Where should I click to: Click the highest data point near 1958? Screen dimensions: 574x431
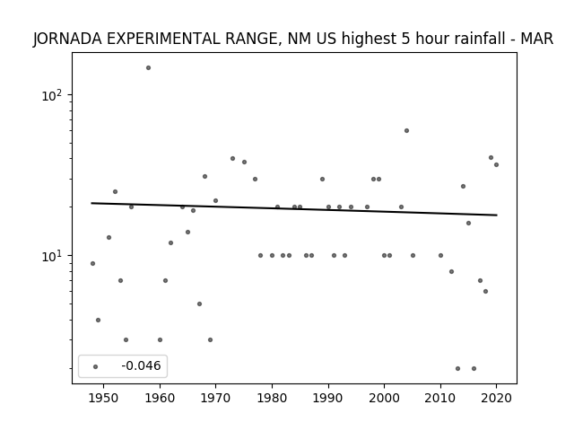point(148,68)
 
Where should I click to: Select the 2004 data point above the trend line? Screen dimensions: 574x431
point(406,131)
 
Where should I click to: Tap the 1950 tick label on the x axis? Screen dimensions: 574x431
point(104,398)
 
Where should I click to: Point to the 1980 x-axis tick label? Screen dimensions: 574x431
point(272,398)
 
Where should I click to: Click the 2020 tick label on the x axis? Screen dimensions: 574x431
point(496,398)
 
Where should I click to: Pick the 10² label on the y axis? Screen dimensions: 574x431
point(52,96)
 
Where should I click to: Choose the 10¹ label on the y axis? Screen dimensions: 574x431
point(52,256)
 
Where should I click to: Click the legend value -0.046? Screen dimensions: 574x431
point(141,365)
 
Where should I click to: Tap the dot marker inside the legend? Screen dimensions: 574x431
point(96,367)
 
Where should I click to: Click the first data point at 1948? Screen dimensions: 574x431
point(92,263)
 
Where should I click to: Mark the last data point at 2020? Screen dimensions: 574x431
point(496,165)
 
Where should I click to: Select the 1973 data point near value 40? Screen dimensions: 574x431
point(233,159)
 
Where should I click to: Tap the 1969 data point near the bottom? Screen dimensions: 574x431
point(210,340)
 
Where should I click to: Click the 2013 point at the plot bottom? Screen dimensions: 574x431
point(457,369)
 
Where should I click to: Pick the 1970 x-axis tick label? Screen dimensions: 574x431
point(215,398)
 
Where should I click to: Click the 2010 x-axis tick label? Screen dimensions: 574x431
point(440,398)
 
